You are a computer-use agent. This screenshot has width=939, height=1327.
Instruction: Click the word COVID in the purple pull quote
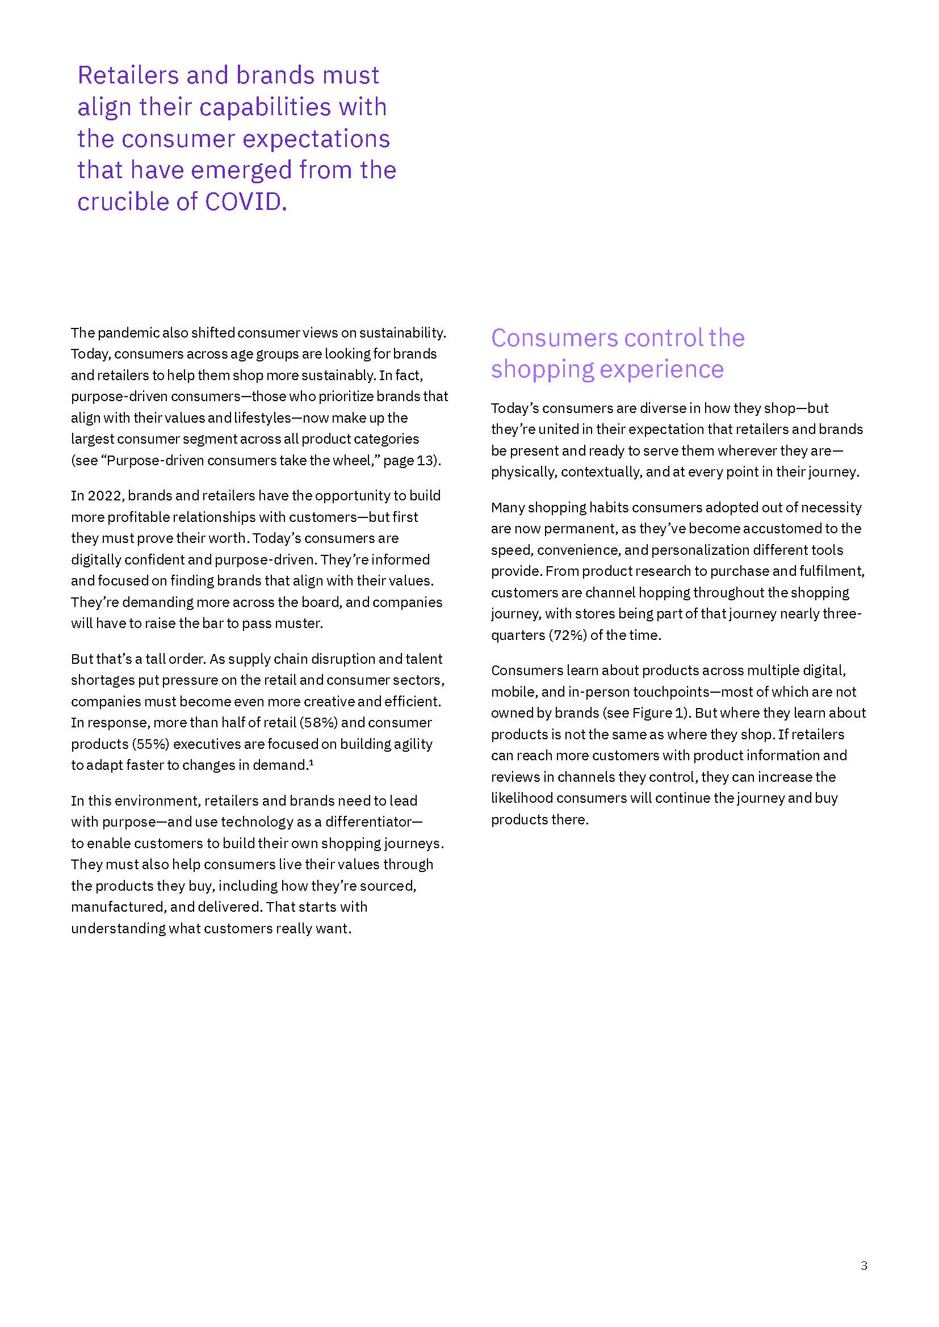[x=246, y=202]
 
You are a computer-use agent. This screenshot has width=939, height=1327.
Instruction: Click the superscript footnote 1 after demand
[x=311, y=763]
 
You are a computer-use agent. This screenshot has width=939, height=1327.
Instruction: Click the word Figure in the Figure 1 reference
[x=652, y=713]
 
